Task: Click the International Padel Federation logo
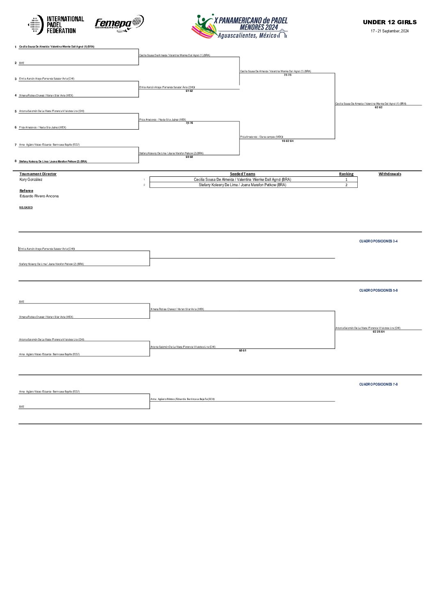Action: [x=56, y=25]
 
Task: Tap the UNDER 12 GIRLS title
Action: [x=389, y=22]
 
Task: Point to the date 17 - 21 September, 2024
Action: [x=390, y=31]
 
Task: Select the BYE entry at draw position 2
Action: [x=22, y=63]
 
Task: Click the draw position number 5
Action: [x=16, y=111]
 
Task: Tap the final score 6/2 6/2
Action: [x=378, y=107]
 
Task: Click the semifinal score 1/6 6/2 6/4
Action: [x=287, y=141]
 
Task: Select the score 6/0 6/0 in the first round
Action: [x=189, y=157]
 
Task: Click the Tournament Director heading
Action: [x=38, y=174]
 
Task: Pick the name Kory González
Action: [x=31, y=180]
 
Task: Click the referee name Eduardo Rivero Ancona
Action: [x=39, y=196]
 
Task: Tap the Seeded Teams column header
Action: [x=242, y=174]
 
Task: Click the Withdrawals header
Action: [x=390, y=174]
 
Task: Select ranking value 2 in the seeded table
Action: [x=346, y=185]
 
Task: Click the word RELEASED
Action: [x=26, y=208]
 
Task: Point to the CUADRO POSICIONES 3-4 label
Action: [x=378, y=241]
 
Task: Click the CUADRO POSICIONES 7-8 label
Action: [x=378, y=384]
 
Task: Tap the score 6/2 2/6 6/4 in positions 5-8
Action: [x=378, y=332]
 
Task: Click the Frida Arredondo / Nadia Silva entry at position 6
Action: [x=42, y=128]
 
